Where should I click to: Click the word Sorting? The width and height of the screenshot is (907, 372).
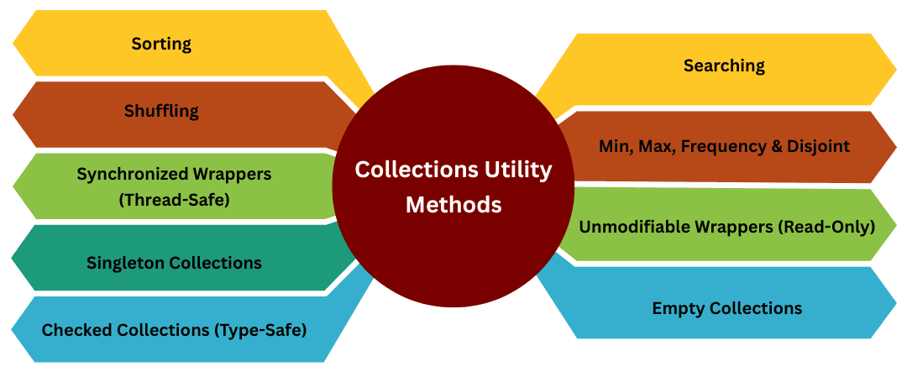coord(161,44)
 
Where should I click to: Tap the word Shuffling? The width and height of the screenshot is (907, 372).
coord(161,111)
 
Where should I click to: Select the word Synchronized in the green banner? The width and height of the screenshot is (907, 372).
coord(124,174)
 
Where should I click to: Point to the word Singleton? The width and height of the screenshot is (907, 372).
coord(125,263)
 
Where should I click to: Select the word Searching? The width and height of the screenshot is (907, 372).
coord(723,65)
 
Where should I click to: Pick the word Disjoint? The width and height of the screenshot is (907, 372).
coord(820,146)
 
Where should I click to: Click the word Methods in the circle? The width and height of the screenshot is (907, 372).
coord(453,204)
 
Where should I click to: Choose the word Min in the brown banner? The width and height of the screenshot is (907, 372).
coord(616,146)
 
